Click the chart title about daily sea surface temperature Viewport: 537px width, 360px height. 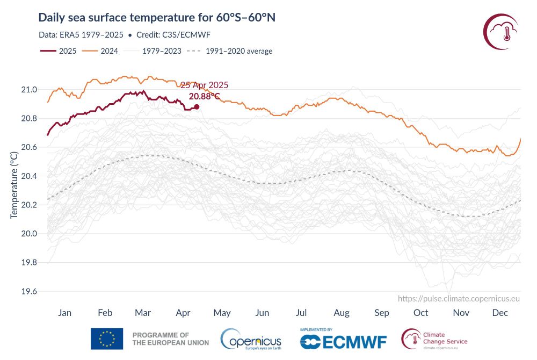tap(157, 18)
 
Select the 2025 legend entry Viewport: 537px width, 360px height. tap(59, 51)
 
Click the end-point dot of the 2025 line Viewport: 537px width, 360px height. tap(197, 106)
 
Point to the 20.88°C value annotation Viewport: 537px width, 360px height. tap(204, 97)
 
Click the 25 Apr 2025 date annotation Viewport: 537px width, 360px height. tap(204, 85)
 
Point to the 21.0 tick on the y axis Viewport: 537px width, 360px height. tap(28, 89)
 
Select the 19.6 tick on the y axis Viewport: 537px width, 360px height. tap(28, 292)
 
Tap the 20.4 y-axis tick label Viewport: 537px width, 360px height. tap(28, 176)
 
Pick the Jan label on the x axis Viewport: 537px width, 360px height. tap(64, 313)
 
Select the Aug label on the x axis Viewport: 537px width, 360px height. tap(342, 313)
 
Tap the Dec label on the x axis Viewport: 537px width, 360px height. tap(500, 313)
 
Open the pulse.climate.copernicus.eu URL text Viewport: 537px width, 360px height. tap(459, 299)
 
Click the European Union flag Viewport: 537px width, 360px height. tap(107, 339)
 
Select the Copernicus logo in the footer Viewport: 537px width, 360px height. tap(251, 339)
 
